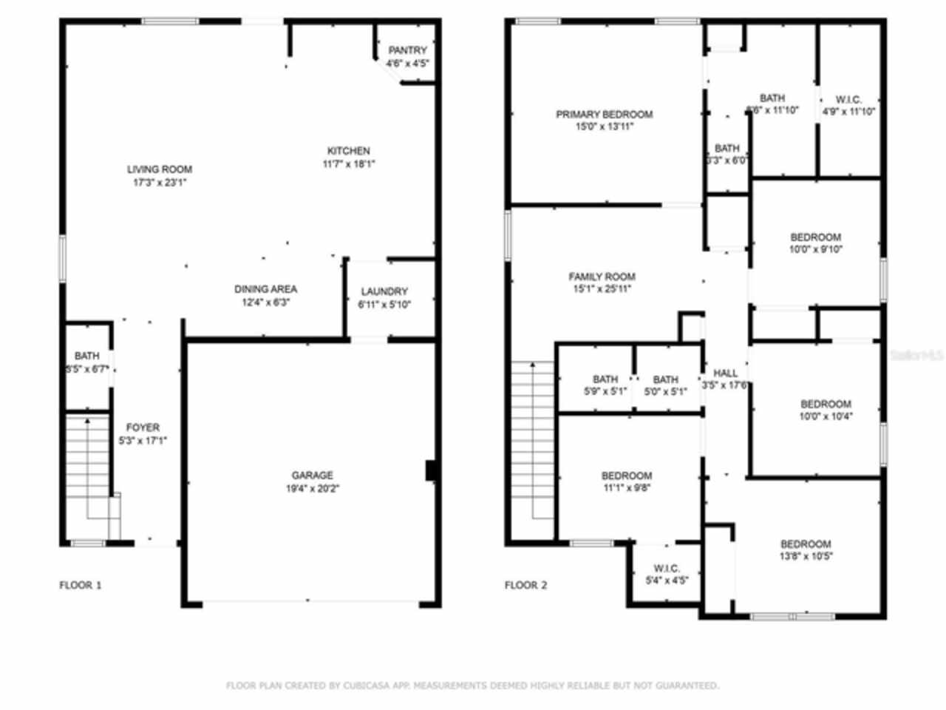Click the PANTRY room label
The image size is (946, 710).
pyautogui.click(x=407, y=50)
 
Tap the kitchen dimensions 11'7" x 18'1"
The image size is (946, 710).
pyautogui.click(x=348, y=164)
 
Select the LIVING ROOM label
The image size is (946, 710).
pyautogui.click(x=159, y=169)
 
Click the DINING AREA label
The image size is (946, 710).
pyautogui.click(x=265, y=289)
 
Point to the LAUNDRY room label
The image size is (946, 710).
pyautogui.click(x=384, y=291)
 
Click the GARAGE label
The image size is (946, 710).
pyautogui.click(x=312, y=476)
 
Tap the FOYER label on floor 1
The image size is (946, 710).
pyautogui.click(x=143, y=427)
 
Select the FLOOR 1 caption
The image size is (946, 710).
pyautogui.click(x=81, y=585)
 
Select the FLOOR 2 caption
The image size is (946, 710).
pyautogui.click(x=525, y=585)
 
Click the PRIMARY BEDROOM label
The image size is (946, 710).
pyautogui.click(x=604, y=115)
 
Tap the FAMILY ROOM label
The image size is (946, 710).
pyautogui.click(x=602, y=277)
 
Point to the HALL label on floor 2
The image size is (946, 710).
pyautogui.click(x=725, y=373)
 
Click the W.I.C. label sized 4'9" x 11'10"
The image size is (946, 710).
pyautogui.click(x=848, y=99)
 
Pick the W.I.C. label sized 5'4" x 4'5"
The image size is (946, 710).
pyautogui.click(x=667, y=568)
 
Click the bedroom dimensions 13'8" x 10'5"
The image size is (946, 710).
pyautogui.click(x=806, y=557)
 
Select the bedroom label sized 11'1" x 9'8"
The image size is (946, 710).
pyautogui.click(x=626, y=476)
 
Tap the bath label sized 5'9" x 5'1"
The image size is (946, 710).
pyautogui.click(x=605, y=379)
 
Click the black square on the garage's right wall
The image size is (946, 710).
pyautogui.click(x=431, y=471)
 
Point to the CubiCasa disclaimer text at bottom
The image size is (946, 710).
pyautogui.click(x=472, y=686)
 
